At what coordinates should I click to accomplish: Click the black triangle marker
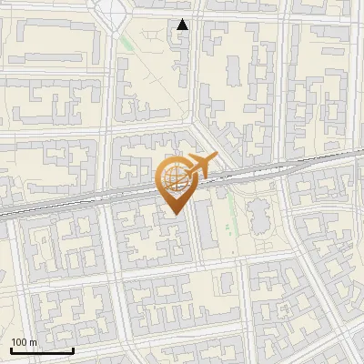tap(183, 25)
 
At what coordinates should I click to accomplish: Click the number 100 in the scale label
tap(19, 342)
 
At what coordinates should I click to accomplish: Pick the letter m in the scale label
tap(34, 342)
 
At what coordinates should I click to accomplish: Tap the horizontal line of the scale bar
tap(42, 350)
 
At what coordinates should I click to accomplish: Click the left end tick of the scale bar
tap(11, 349)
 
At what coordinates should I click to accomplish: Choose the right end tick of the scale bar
tap(73, 349)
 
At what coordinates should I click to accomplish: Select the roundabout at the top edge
tap(112, 9)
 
